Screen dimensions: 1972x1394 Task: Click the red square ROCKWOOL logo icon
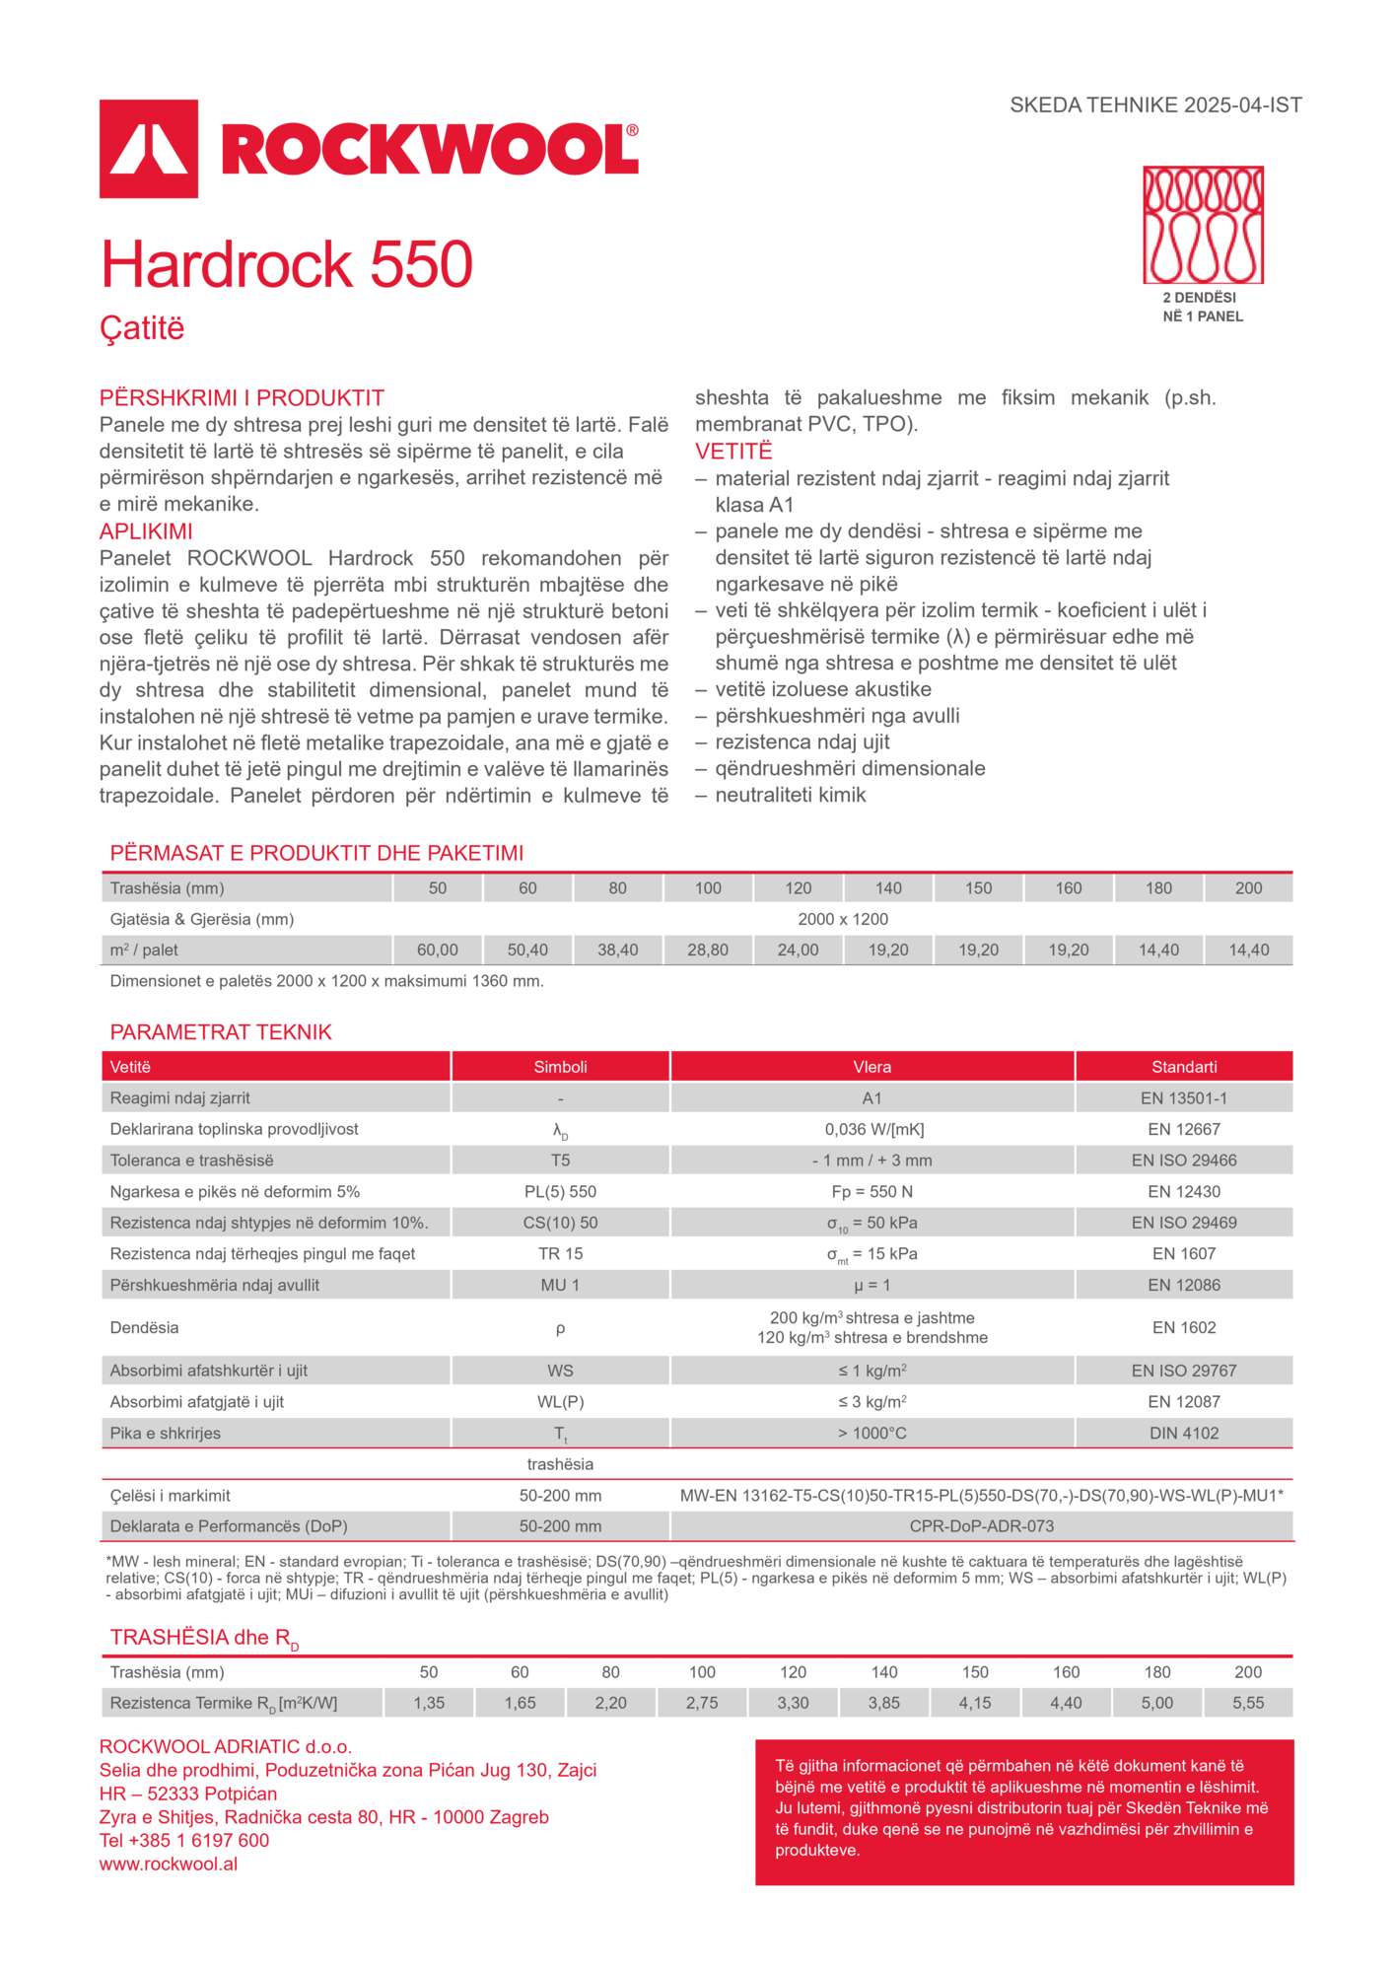149,149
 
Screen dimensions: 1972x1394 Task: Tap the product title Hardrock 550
287,264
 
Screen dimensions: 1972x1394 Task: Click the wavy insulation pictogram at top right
1203,225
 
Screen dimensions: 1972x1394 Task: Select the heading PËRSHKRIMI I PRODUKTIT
242,397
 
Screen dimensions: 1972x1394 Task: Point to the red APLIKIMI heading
146,531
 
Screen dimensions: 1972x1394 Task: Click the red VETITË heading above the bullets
733,452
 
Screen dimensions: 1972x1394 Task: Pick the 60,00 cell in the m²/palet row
438,950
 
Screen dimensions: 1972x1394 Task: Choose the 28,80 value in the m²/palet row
708,950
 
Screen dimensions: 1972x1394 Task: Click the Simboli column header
560,1067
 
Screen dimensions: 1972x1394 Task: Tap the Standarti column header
1184,1067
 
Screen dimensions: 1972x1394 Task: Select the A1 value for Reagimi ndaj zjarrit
871,1098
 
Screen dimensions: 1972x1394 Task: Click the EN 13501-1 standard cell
1184,1098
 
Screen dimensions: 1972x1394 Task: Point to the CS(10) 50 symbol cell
560,1223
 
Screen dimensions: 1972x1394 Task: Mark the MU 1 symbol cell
560,1285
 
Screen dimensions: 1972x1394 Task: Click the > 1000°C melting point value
871,1433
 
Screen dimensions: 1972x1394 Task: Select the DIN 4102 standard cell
1184,1433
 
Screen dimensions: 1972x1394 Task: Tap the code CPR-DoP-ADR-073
982,1526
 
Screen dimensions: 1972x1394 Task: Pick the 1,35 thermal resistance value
429,1703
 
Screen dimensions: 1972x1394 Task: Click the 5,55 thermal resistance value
1248,1703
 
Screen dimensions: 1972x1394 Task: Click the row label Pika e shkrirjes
166,1433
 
